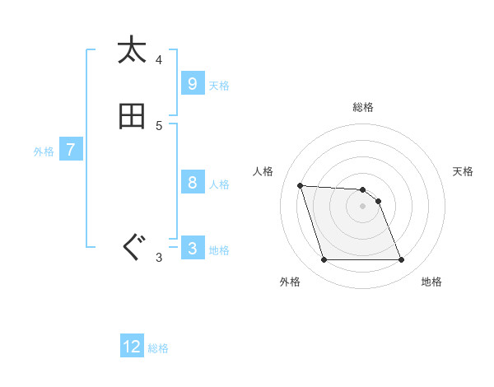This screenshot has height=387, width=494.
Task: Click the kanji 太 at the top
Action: (x=132, y=50)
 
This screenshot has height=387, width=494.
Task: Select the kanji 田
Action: (x=132, y=116)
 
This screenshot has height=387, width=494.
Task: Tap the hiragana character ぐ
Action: (x=132, y=248)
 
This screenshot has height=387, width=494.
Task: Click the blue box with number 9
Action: (x=192, y=83)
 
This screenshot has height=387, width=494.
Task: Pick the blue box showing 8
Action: (x=192, y=183)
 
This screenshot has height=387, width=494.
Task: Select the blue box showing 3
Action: (x=192, y=249)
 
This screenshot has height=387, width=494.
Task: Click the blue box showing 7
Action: (x=71, y=150)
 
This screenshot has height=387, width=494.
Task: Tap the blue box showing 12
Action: (x=132, y=346)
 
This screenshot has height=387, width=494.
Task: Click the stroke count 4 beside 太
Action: (x=159, y=60)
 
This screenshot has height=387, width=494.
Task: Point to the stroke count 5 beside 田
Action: (x=159, y=126)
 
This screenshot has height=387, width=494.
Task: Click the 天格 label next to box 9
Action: (x=219, y=85)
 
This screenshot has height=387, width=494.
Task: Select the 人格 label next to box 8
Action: (x=219, y=184)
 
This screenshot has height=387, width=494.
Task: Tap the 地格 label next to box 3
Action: (x=219, y=250)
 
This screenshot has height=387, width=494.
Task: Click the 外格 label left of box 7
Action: (x=44, y=152)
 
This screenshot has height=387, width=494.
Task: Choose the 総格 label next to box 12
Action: (x=158, y=348)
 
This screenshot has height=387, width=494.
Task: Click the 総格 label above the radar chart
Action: (x=363, y=107)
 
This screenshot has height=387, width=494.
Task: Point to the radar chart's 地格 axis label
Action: (x=431, y=282)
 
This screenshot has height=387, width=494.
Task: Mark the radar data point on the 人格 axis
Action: (x=300, y=185)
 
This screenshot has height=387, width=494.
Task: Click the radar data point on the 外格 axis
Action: (x=324, y=260)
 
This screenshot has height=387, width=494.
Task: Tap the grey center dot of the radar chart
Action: (x=362, y=206)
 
